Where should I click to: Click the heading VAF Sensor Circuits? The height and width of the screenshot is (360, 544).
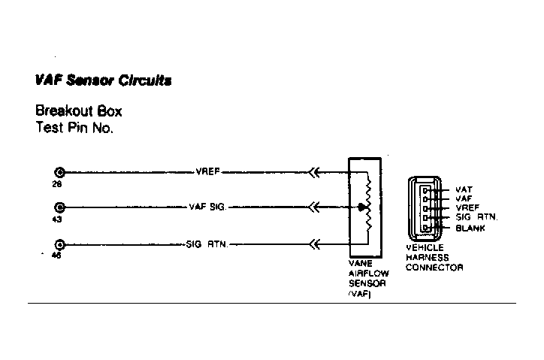pyautogui.click(x=103, y=80)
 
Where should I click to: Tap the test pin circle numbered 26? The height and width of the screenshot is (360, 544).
pyautogui.click(x=59, y=172)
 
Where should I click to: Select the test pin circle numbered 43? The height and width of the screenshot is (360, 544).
pyautogui.click(x=59, y=207)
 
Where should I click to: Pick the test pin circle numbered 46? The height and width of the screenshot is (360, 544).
pyautogui.click(x=59, y=245)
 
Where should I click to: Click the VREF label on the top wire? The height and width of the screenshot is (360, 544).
pyautogui.click(x=207, y=172)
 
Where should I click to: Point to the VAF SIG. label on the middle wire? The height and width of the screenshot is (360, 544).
pyautogui.click(x=207, y=207)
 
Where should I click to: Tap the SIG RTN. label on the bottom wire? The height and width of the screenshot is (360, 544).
pyautogui.click(x=207, y=244)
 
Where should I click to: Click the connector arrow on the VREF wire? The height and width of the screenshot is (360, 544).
pyautogui.click(x=314, y=172)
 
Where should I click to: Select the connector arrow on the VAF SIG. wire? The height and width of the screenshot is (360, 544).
pyautogui.click(x=314, y=207)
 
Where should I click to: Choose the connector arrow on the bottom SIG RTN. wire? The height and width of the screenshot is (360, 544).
pyautogui.click(x=314, y=245)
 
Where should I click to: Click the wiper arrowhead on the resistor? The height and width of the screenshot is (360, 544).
pyautogui.click(x=362, y=207)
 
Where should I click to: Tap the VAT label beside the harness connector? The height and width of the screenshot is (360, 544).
pyautogui.click(x=464, y=189)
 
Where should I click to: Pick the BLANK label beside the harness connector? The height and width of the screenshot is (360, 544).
pyautogui.click(x=470, y=228)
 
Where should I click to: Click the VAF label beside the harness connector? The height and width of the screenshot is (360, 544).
pyautogui.click(x=464, y=198)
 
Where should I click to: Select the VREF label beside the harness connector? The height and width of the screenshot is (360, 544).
pyautogui.click(x=467, y=207)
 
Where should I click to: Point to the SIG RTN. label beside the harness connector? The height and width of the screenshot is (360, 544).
pyautogui.click(x=476, y=217)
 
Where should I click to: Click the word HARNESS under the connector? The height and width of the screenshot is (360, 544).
pyautogui.click(x=427, y=258)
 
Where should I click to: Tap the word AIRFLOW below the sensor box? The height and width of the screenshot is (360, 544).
pyautogui.click(x=369, y=274)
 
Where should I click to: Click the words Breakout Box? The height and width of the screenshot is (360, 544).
pyautogui.click(x=79, y=111)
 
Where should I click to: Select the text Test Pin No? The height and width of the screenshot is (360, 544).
pyautogui.click(x=74, y=128)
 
